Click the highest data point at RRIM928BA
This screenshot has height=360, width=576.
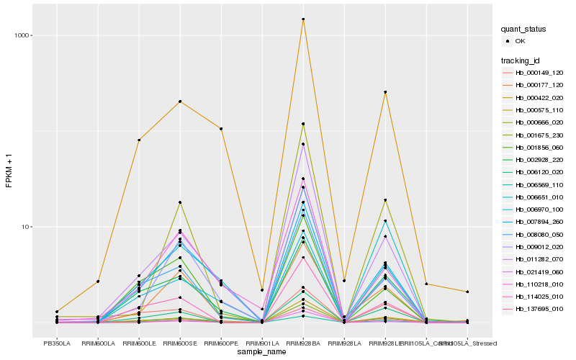point(303,19)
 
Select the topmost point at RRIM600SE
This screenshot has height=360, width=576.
point(180,102)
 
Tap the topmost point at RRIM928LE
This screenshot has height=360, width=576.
point(386,92)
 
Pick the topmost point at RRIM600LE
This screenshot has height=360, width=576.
point(139,140)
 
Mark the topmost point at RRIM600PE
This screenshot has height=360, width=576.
point(221,129)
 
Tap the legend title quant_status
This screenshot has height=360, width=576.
point(524,30)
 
